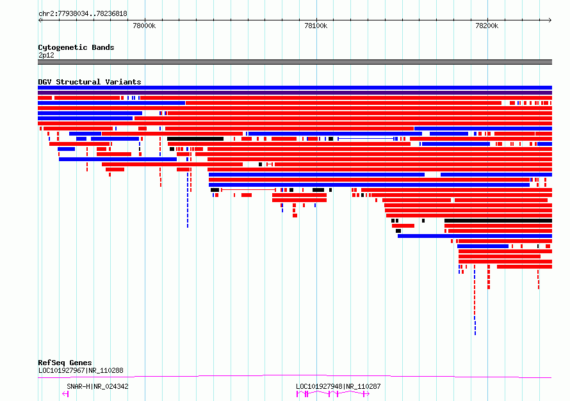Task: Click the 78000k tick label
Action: click(x=144, y=26)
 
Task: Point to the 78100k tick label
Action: click(x=316, y=26)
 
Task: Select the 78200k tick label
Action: click(x=487, y=26)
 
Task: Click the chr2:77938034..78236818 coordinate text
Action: click(x=83, y=14)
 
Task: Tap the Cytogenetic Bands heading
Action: click(x=76, y=47)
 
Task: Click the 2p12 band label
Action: click(x=46, y=55)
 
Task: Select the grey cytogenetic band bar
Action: click(x=295, y=62)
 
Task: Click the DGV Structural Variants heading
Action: click(x=90, y=82)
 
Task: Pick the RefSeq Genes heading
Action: click(x=65, y=363)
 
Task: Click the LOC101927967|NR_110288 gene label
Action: click(x=81, y=370)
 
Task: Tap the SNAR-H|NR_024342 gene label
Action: click(x=97, y=386)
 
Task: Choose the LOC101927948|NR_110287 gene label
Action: click(x=338, y=386)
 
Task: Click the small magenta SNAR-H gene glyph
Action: click(x=65, y=394)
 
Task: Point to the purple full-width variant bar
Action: click(x=295, y=93)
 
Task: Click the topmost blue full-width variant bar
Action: click(x=295, y=88)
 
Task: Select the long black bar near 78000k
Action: click(x=195, y=139)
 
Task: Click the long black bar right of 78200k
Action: click(x=498, y=221)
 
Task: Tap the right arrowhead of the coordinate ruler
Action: click(x=550, y=20)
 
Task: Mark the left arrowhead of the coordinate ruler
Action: click(x=40, y=20)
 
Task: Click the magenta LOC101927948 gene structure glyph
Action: click(x=333, y=394)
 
